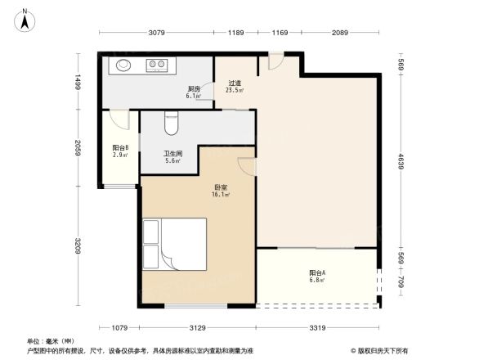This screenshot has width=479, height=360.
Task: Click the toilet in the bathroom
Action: pyautogui.click(x=171, y=124)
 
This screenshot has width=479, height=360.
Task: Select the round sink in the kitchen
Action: pyautogui.click(x=124, y=65)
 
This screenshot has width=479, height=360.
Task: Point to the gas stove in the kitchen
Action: pyautogui.click(x=157, y=65)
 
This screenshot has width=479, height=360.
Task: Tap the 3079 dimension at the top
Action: pyautogui.click(x=157, y=33)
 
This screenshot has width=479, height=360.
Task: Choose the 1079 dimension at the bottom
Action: pyautogui.click(x=119, y=328)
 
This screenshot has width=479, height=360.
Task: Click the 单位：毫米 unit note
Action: pyautogui.click(x=51, y=340)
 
